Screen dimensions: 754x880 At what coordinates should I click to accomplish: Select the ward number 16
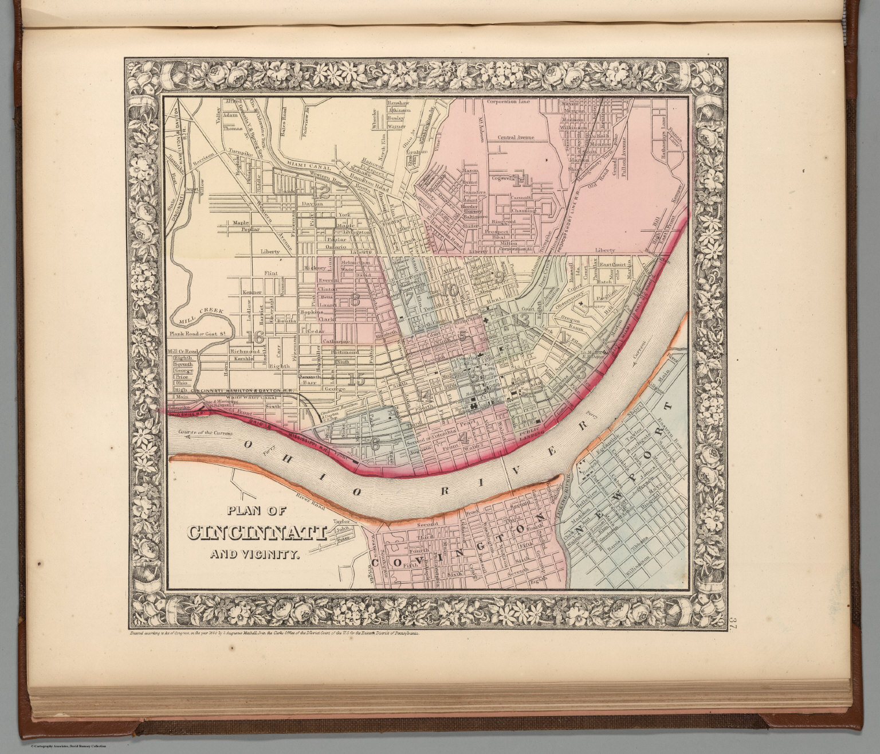point(256,338)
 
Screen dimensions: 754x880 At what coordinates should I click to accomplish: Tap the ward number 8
point(355,299)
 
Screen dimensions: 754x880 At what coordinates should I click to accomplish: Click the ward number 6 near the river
point(375,443)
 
